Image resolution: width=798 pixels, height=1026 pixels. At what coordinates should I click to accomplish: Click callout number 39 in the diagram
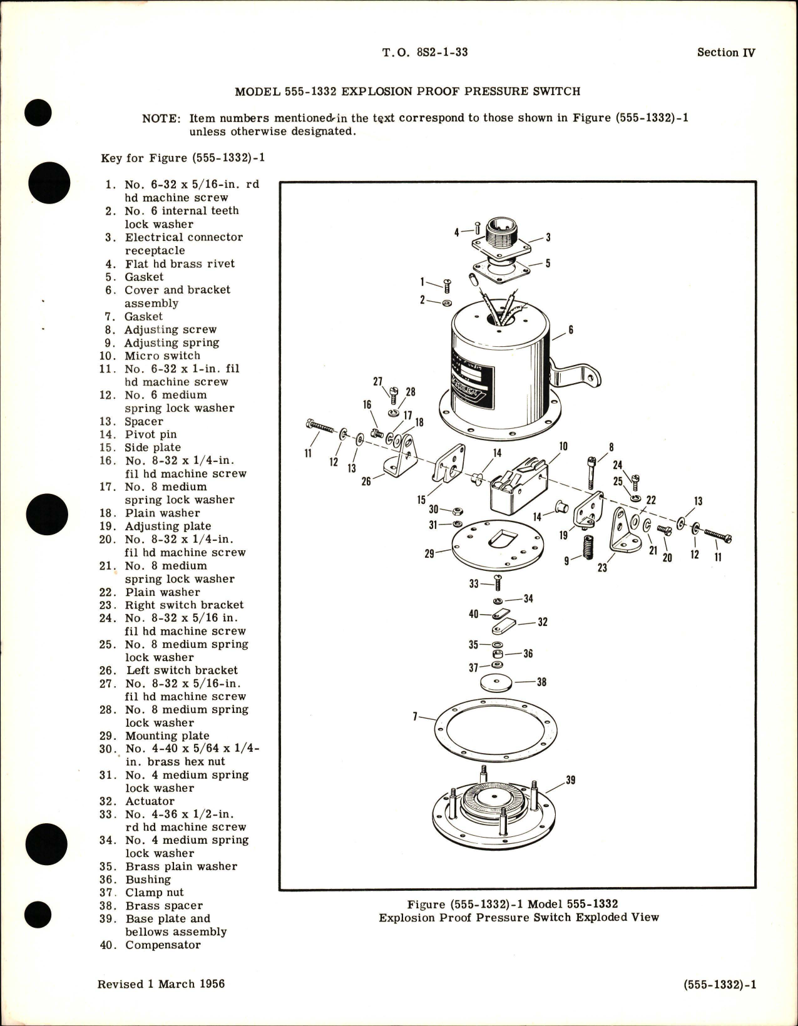tap(570, 780)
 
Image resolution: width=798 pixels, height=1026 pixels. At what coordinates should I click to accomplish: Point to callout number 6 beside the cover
tap(571, 329)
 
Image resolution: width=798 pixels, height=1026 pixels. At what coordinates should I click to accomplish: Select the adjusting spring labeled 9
tap(586, 548)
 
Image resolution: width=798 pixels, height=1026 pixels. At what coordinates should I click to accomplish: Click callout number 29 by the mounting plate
tap(429, 554)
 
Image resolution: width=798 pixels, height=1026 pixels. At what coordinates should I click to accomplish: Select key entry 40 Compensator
tap(150, 945)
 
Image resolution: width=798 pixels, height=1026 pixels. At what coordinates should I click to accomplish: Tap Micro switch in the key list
tap(162, 356)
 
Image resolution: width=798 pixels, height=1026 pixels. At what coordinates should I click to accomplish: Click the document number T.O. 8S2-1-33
tap(424, 53)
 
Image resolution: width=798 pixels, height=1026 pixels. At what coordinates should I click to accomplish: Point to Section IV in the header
tap(726, 53)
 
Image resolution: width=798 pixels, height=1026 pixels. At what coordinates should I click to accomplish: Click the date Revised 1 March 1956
tap(161, 984)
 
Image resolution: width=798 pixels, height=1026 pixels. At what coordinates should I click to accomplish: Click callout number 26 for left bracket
tap(366, 481)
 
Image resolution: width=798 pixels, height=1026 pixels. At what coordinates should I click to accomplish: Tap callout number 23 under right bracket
tap(602, 568)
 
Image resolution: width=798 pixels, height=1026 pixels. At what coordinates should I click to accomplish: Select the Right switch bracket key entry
tap(183, 605)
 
